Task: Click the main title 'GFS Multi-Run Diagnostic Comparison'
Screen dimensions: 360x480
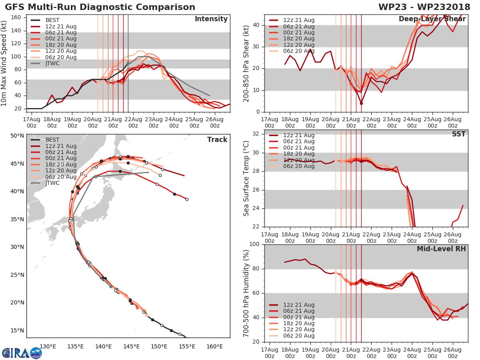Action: (x=100, y=7)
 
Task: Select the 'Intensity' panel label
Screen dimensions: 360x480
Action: (x=211, y=19)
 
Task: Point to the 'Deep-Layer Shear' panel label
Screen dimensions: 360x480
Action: (x=432, y=19)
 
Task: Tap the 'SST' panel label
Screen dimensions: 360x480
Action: (x=458, y=134)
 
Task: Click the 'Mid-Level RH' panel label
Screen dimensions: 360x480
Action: (x=441, y=249)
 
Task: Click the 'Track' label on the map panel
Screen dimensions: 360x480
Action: (x=217, y=140)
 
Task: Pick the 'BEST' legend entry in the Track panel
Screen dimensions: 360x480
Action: (x=52, y=140)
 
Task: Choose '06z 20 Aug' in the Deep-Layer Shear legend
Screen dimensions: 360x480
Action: (x=298, y=51)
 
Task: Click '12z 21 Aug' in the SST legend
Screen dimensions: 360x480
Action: (x=298, y=135)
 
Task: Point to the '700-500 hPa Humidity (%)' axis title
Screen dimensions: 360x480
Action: (x=247, y=293)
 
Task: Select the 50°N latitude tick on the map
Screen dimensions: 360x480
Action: (x=17, y=136)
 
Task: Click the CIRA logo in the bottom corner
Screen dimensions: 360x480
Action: (x=22, y=353)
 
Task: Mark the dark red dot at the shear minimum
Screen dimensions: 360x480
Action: (x=361, y=103)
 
